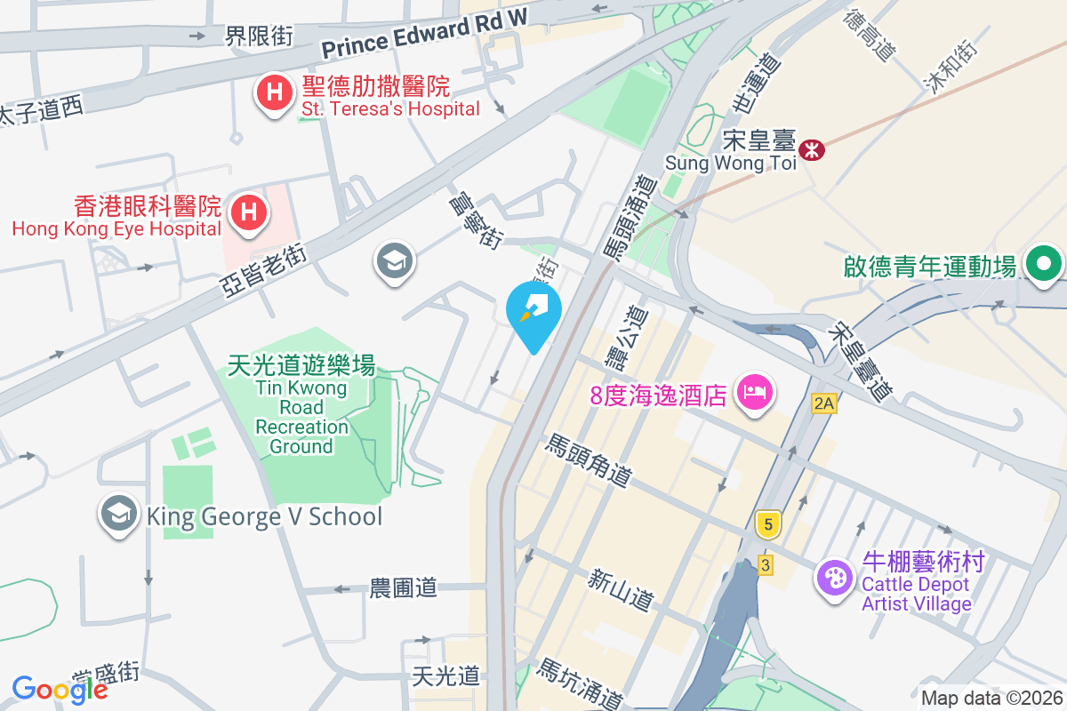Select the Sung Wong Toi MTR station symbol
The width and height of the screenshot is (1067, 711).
(812, 149)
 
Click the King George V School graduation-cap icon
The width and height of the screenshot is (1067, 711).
(117, 514)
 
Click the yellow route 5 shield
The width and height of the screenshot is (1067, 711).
(768, 524)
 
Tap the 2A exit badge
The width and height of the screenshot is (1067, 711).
(824, 403)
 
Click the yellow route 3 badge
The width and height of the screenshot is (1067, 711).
(765, 564)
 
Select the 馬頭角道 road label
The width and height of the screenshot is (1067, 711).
(589, 460)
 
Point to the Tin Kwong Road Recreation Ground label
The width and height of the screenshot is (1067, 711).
(301, 405)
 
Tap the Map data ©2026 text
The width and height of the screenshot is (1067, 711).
(991, 699)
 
